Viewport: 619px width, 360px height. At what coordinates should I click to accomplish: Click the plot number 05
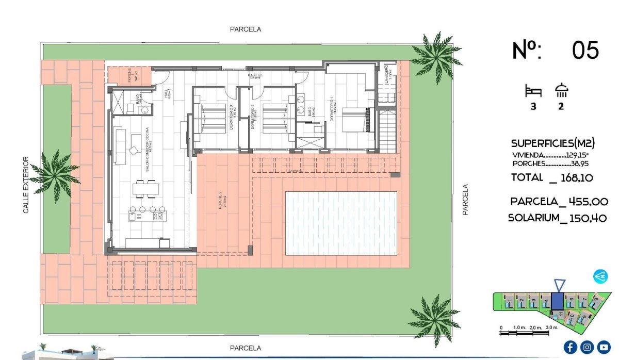(x=585, y=51)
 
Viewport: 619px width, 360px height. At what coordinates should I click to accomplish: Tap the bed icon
(x=533, y=91)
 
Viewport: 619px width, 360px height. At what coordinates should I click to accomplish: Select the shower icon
(x=561, y=91)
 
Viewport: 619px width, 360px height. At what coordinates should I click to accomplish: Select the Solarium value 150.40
(x=588, y=218)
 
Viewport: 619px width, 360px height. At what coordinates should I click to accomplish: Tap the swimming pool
(x=341, y=223)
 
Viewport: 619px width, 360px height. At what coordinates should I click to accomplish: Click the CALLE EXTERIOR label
(x=26, y=185)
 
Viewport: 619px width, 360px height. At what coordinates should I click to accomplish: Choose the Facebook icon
(x=571, y=347)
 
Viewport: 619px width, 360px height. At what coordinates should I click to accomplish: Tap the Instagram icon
(x=587, y=347)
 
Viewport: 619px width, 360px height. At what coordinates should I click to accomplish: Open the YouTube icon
(x=604, y=347)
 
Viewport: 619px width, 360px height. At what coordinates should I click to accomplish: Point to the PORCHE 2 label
(x=221, y=200)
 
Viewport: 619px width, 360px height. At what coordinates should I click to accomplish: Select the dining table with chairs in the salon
(x=145, y=189)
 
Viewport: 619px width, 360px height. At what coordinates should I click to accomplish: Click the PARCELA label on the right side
(x=465, y=200)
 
